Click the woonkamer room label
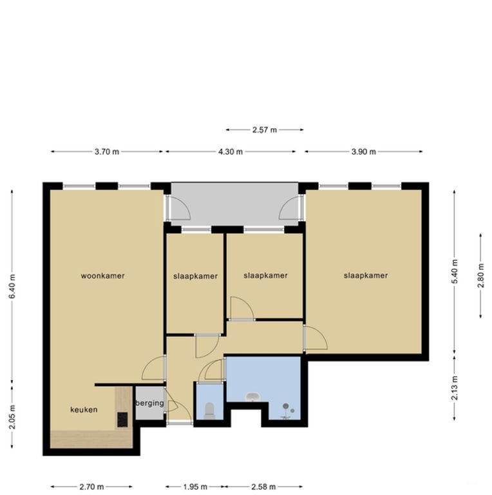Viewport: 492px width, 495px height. click(x=102, y=276)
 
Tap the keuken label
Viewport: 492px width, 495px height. click(x=84, y=409)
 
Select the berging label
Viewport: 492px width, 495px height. click(x=149, y=403)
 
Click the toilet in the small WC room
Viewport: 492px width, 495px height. click(x=209, y=411)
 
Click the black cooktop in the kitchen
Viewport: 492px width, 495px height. click(x=122, y=420)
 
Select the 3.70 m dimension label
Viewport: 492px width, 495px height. click(x=107, y=152)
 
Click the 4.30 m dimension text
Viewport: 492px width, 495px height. click(x=231, y=152)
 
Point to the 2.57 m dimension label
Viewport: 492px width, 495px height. click(x=264, y=130)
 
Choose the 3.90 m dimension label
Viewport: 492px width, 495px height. click(x=363, y=152)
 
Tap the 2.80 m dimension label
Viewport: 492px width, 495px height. click(x=481, y=275)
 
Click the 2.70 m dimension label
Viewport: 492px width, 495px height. click(x=91, y=487)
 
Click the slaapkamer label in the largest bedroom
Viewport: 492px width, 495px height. click(x=366, y=275)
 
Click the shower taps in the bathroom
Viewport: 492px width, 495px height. click(x=288, y=408)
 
